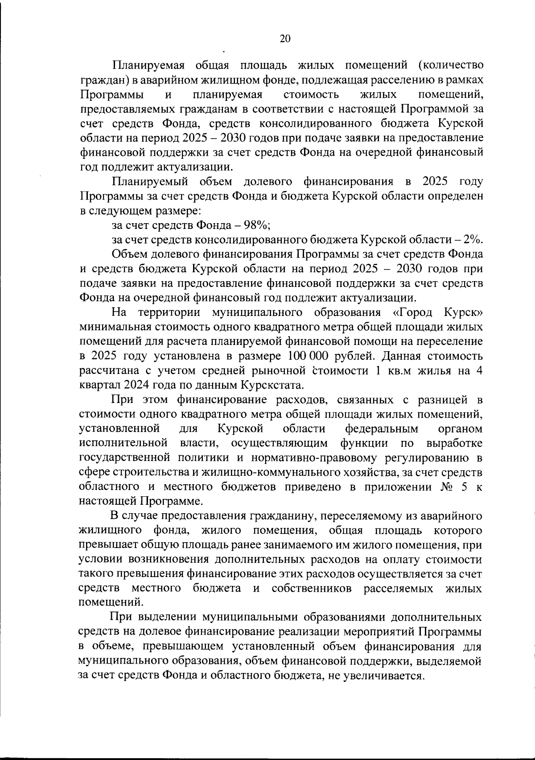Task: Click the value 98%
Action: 255,225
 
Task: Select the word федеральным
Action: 382,429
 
